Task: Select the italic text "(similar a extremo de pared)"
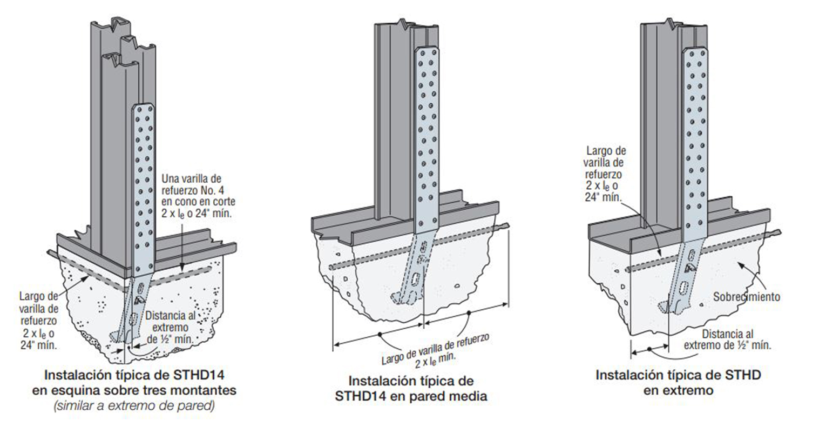pos(134,405)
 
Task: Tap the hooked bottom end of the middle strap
pos(396,298)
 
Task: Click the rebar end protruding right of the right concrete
pos(776,233)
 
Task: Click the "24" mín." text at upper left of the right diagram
pos(608,197)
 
